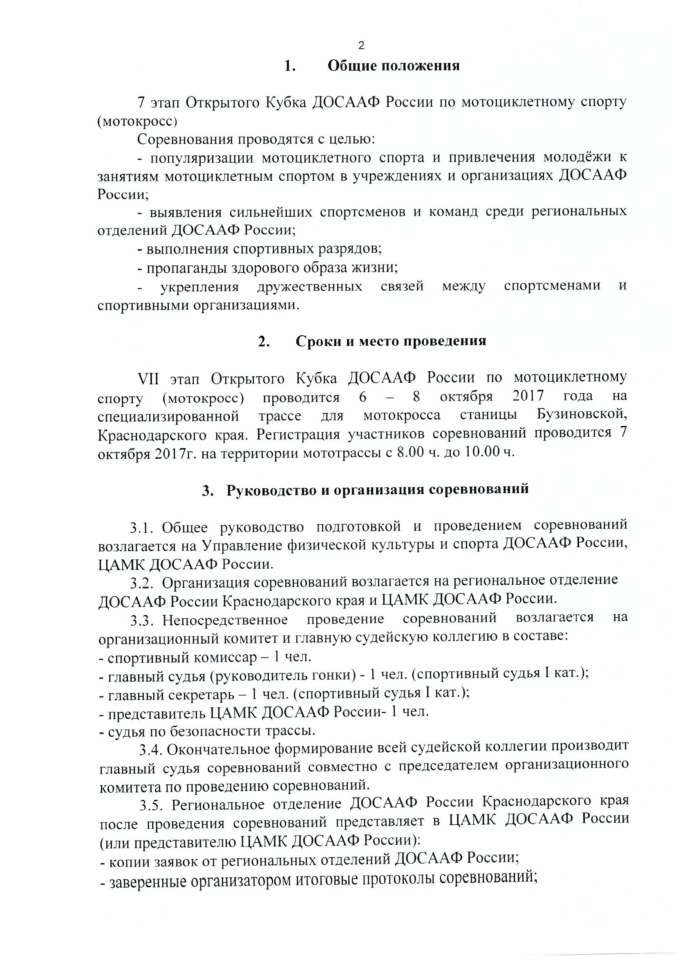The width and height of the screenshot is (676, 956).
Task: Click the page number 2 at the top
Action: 361,46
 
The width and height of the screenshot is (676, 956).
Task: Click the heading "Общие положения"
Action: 393,66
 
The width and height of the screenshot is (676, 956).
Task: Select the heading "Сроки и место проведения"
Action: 391,341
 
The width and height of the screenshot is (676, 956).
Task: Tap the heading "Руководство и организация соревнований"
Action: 378,489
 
